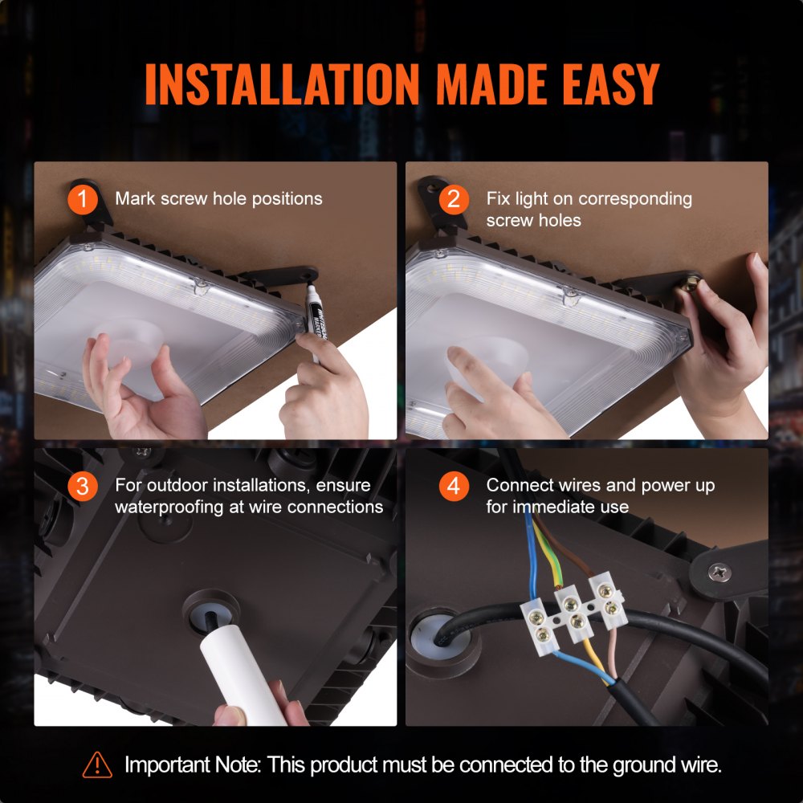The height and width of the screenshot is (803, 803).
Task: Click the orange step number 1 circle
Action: tap(82, 198)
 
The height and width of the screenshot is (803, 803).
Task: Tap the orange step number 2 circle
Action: tap(453, 198)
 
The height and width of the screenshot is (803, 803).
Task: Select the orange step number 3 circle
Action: tap(82, 486)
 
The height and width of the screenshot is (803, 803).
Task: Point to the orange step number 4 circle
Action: tap(453, 486)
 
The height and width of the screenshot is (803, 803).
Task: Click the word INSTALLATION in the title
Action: tap(281, 83)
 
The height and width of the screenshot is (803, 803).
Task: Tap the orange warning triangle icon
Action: tap(97, 764)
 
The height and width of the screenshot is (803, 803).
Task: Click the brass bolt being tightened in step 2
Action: tap(690, 283)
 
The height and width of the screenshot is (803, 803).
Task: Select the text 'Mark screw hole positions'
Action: tap(218, 198)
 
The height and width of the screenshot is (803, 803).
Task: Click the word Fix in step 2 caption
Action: tap(498, 198)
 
